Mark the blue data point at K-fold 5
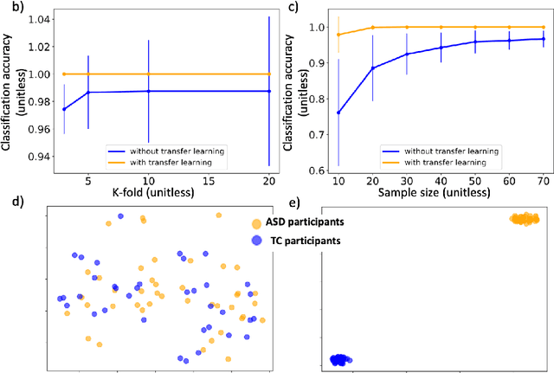(x=87, y=92)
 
